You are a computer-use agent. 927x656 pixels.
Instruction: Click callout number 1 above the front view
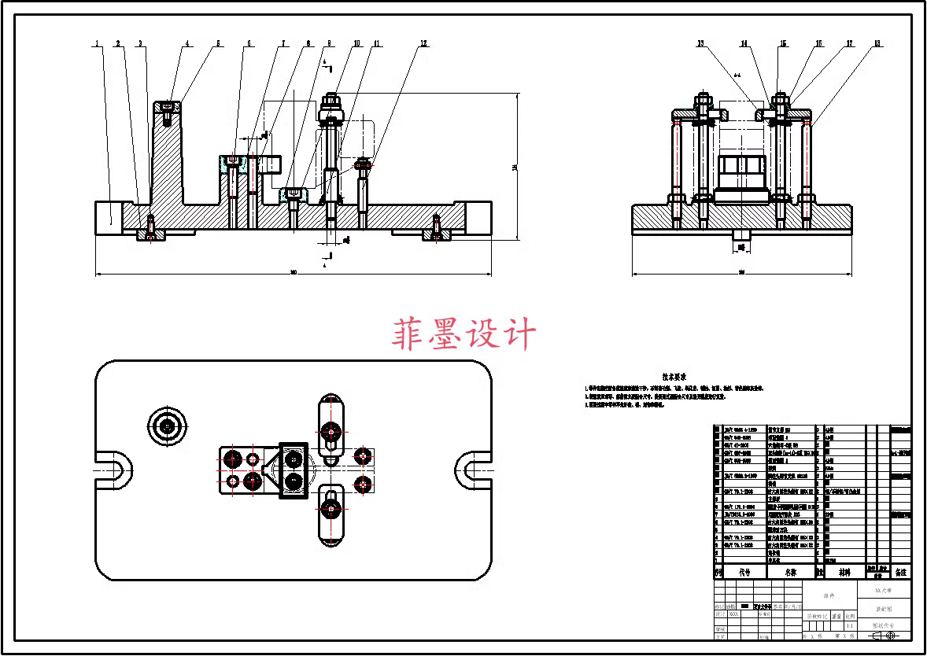click(x=98, y=44)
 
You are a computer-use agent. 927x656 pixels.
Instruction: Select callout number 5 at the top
click(x=219, y=44)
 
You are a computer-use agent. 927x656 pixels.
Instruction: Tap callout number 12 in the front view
click(x=424, y=44)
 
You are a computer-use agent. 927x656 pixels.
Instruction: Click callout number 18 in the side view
click(x=877, y=44)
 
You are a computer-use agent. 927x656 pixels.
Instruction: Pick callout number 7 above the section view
click(x=284, y=44)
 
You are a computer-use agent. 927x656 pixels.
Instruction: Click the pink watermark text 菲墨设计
click(x=464, y=335)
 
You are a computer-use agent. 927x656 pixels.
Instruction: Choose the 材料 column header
click(x=844, y=573)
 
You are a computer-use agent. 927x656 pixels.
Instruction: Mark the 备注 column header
click(x=900, y=573)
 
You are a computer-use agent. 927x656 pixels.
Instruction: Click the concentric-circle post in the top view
click(x=167, y=426)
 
